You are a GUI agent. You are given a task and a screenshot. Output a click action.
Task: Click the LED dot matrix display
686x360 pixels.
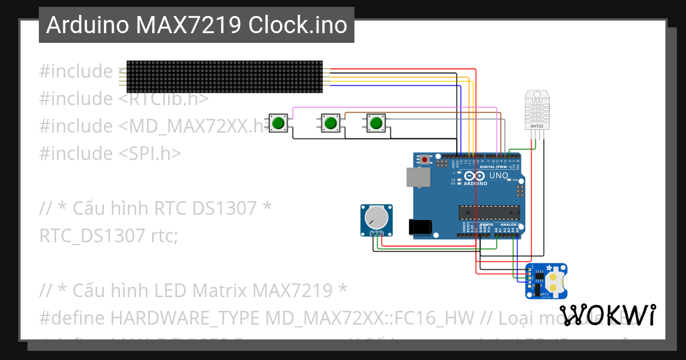point(224,77)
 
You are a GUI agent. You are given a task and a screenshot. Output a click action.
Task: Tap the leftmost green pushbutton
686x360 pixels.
point(278,123)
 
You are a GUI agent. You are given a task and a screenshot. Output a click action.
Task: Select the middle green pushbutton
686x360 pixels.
point(329,123)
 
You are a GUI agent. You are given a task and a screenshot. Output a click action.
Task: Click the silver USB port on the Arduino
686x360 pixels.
point(418,177)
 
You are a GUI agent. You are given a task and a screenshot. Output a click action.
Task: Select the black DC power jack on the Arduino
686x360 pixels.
point(420,226)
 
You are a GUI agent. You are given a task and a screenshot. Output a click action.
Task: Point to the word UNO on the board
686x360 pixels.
point(498,175)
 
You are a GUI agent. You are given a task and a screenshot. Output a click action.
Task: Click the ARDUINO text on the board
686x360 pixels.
point(475,184)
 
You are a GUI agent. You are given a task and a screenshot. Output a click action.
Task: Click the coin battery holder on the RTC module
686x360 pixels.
point(554,281)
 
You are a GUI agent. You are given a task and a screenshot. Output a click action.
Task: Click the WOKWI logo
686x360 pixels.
point(607,315)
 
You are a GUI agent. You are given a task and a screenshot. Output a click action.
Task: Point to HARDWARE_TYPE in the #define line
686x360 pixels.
point(185,318)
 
